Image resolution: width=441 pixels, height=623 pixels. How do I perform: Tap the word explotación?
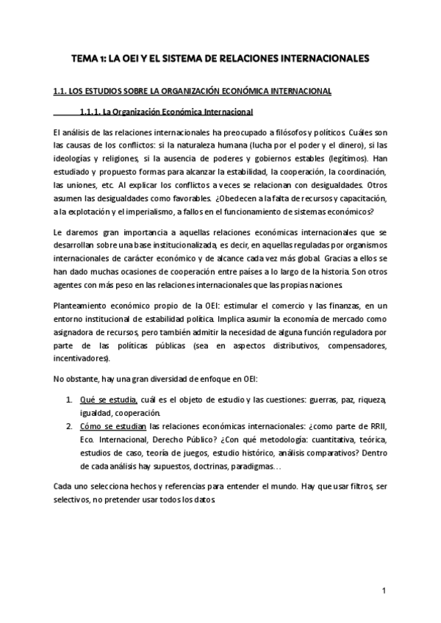click(x=81, y=212)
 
